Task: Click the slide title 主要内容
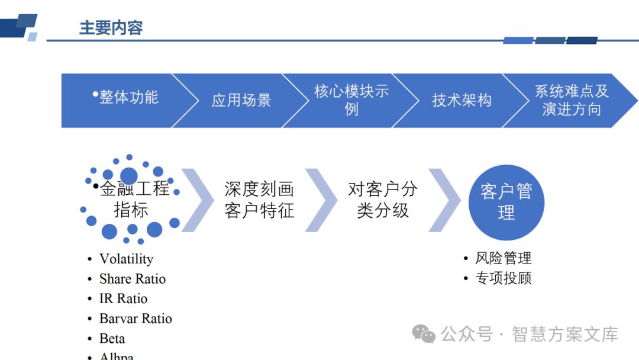click(111, 28)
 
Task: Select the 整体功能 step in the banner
click(128, 98)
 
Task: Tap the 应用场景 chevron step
click(241, 101)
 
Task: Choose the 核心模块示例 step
click(351, 100)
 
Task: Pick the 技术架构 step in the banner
click(461, 101)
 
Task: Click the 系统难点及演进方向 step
click(572, 100)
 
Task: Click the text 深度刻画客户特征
click(259, 200)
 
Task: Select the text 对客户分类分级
click(383, 200)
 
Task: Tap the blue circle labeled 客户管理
click(506, 202)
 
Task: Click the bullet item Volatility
click(126, 259)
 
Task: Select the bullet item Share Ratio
click(132, 279)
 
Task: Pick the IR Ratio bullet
click(123, 298)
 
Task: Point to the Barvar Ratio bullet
click(135, 319)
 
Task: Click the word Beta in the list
click(112, 339)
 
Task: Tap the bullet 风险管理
click(503, 258)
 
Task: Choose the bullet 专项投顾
click(503, 278)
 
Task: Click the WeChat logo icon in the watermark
click(424, 334)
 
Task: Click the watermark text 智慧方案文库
click(564, 334)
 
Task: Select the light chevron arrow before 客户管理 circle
click(444, 200)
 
